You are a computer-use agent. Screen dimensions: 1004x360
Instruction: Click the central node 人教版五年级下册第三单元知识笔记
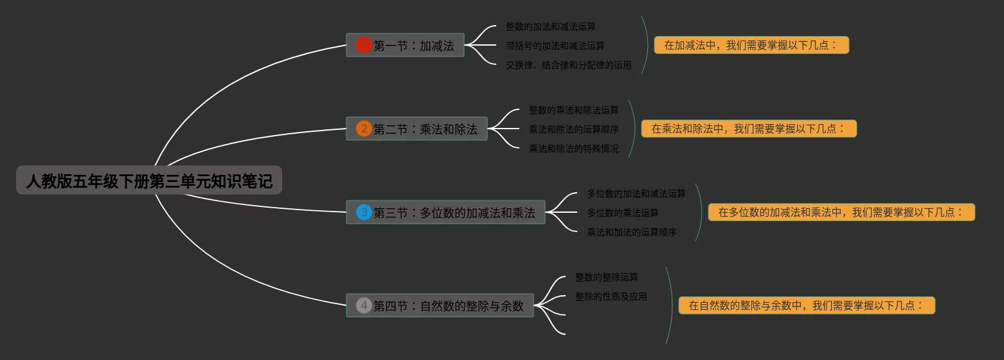[149, 181]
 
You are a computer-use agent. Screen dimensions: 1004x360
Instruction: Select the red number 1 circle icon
[364, 45]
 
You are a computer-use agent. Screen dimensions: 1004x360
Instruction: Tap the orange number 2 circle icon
[364, 129]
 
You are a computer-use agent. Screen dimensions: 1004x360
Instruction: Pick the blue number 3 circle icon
[364, 212]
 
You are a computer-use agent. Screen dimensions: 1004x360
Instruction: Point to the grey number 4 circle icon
[364, 305]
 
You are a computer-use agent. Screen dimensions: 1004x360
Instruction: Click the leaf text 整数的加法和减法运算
[550, 27]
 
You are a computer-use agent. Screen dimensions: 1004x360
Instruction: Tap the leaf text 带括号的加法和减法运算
[555, 46]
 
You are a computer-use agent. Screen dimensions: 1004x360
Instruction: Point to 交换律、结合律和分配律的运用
[568, 65]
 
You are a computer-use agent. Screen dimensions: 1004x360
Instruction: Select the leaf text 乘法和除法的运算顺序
[573, 129]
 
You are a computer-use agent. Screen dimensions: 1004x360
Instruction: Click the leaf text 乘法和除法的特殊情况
[573, 148]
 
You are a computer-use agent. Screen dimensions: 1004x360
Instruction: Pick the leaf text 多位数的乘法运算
[622, 213]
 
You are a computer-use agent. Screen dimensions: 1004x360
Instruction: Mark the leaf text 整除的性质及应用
[611, 296]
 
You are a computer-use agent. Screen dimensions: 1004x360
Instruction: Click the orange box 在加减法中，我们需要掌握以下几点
[751, 45]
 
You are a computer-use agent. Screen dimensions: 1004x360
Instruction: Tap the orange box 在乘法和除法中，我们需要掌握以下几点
[749, 129]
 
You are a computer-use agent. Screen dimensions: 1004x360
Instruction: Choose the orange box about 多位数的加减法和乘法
[841, 212]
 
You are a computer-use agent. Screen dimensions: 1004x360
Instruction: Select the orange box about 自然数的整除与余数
[807, 305]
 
